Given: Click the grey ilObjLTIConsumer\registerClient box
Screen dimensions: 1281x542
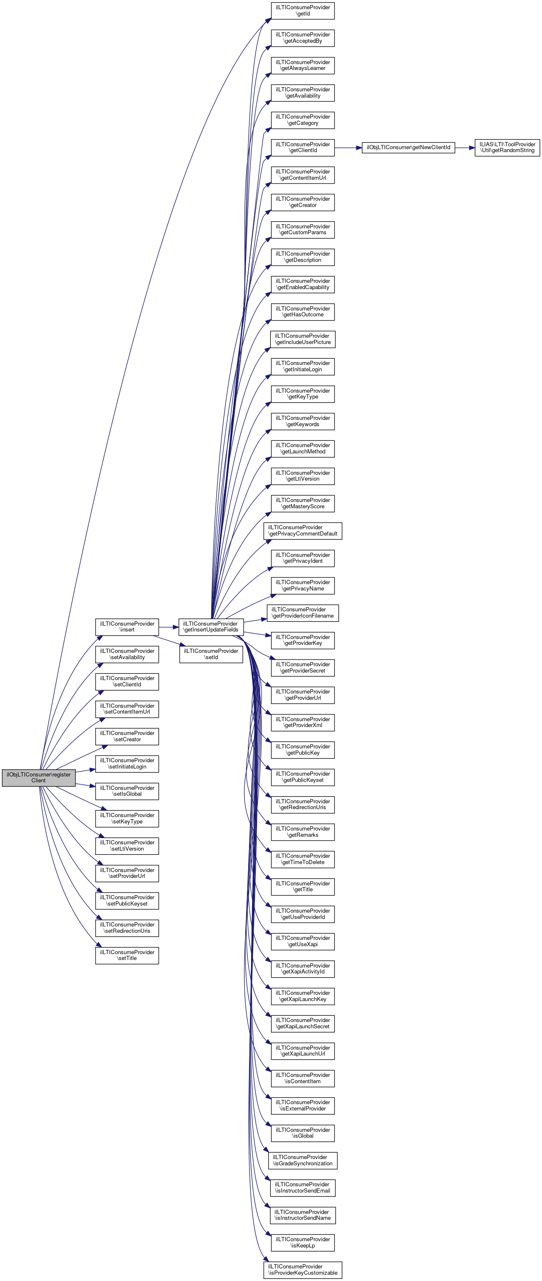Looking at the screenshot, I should click(x=38, y=777).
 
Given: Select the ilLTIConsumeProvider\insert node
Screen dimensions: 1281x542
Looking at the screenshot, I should click(x=127, y=626).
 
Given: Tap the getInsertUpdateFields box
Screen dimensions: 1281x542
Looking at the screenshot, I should click(x=211, y=626).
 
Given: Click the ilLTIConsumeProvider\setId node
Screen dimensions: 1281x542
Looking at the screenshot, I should click(x=211, y=654).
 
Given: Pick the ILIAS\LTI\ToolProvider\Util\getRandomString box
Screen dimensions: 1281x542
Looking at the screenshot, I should click(x=507, y=147).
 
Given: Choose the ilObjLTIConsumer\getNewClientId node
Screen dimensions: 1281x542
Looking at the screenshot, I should click(x=408, y=148).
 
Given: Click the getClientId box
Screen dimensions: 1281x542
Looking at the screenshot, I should click(x=302, y=147).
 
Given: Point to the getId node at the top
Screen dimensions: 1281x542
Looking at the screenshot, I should click(x=302, y=10).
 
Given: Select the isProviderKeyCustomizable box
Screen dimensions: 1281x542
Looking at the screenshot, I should click(x=302, y=1270).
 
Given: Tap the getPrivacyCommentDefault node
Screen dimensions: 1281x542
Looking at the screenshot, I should click(x=302, y=531).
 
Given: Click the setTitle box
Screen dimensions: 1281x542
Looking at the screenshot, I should click(x=127, y=955).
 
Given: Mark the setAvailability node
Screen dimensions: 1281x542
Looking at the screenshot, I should click(x=127, y=654).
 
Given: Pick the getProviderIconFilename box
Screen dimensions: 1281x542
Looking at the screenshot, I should click(x=302, y=613).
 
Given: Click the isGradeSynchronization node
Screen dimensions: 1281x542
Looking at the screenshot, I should click(x=302, y=1160).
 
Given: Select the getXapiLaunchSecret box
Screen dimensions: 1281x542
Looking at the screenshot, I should click(x=302, y=1023).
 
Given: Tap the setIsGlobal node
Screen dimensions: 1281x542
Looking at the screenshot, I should click(x=127, y=791).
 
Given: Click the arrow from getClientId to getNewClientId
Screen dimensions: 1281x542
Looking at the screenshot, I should click(x=348, y=148).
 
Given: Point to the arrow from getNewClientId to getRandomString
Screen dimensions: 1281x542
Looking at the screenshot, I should click(x=464, y=148).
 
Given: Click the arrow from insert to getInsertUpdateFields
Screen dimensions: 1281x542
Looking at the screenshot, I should click(x=169, y=627).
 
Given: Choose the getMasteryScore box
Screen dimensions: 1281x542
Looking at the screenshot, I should click(x=302, y=503).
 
